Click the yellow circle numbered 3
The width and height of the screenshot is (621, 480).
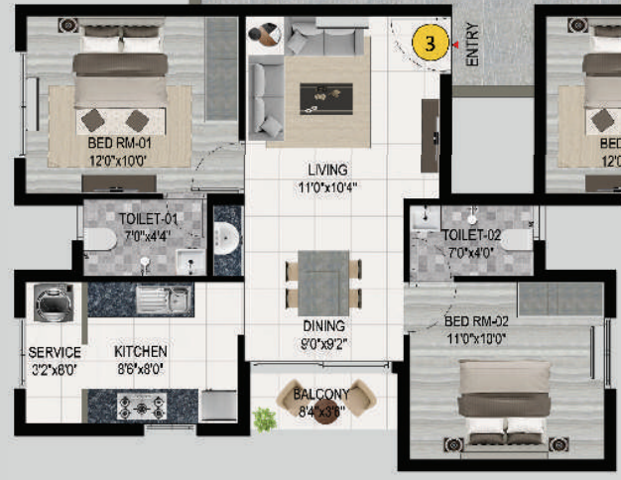[x=429, y=44]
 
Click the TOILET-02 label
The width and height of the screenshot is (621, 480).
[x=471, y=235]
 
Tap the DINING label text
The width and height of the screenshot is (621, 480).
[x=324, y=325]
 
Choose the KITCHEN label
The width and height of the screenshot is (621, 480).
[x=141, y=352]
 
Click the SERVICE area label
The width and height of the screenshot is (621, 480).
[x=55, y=352]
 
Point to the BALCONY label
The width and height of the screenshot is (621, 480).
[x=320, y=395]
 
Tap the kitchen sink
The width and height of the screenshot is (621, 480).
[x=165, y=297]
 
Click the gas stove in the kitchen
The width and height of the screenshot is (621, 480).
[x=140, y=406]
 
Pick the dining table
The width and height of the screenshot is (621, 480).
[x=324, y=282]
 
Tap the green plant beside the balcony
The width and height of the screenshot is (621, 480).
[x=264, y=420]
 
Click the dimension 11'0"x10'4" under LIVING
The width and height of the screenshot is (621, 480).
[x=326, y=186]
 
